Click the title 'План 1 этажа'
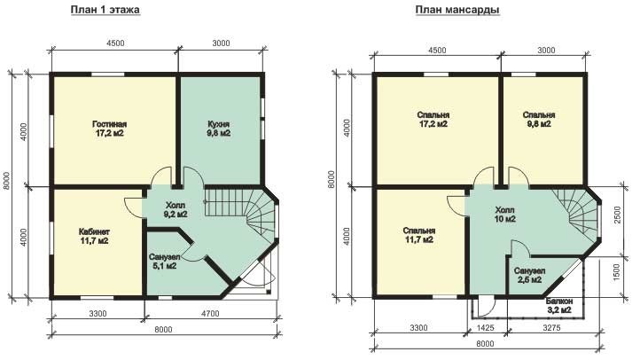point(105,10)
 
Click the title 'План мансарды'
point(457,10)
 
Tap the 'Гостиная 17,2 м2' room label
point(109,129)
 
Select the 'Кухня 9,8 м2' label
point(219,129)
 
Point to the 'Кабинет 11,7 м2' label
point(94,237)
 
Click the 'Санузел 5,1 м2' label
point(162,262)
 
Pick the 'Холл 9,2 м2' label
point(176,209)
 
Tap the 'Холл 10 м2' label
point(505,215)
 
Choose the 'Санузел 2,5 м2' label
point(529,276)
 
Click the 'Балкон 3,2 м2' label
point(559,306)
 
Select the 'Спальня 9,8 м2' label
point(539,119)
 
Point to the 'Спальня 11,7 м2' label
point(418,235)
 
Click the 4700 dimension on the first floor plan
point(210,314)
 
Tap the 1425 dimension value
point(485,327)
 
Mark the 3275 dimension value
point(552,327)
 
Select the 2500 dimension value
point(617,215)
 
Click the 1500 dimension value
point(617,272)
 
